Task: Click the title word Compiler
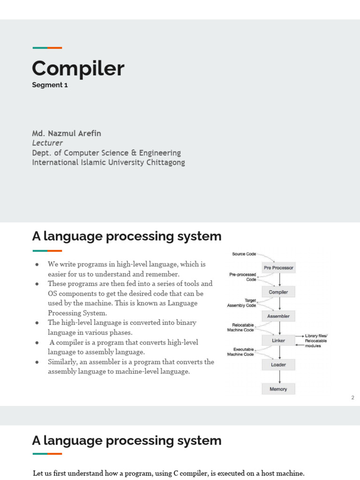click(x=78, y=68)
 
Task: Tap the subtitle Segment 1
click(x=50, y=85)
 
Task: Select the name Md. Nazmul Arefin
click(x=67, y=133)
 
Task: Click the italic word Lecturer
click(x=47, y=143)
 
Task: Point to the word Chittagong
click(x=163, y=162)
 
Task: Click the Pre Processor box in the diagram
click(x=278, y=268)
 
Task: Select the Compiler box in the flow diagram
click(x=278, y=292)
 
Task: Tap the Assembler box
click(x=278, y=316)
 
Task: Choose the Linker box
click(x=278, y=340)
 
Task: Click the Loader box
click(x=278, y=365)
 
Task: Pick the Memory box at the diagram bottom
click(x=278, y=389)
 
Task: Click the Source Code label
click(x=244, y=254)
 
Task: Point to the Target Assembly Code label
click(x=242, y=302)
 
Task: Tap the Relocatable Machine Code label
click(x=240, y=327)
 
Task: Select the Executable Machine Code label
click(x=240, y=352)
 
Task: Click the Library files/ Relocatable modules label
click(x=317, y=341)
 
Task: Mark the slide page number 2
click(x=352, y=398)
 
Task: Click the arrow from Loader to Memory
click(x=280, y=377)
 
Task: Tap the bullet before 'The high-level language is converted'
click(x=37, y=323)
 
